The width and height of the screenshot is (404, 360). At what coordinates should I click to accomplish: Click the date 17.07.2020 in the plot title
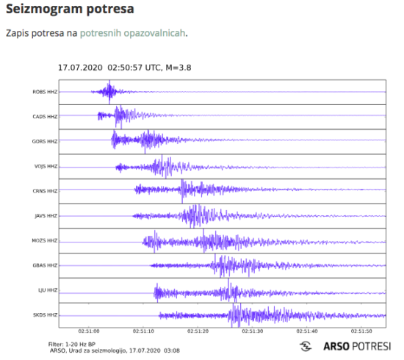[80, 68]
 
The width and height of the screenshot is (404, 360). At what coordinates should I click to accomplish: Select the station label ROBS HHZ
[44, 92]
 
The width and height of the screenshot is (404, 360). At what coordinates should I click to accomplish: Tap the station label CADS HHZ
[44, 117]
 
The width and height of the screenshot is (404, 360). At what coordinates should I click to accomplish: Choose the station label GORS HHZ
[44, 141]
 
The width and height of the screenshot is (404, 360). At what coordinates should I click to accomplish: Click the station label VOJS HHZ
[44, 166]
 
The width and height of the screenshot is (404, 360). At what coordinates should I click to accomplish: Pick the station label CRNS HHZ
[44, 191]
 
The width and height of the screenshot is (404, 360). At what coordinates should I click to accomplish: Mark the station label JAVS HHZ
[44, 216]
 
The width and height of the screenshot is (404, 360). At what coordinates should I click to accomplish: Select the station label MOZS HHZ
[44, 241]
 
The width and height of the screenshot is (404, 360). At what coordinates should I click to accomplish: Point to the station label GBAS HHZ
[44, 265]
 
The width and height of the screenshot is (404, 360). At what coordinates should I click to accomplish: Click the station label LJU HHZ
[46, 290]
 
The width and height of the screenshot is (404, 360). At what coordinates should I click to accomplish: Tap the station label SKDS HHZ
[44, 315]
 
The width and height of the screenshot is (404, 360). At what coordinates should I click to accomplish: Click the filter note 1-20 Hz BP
[71, 343]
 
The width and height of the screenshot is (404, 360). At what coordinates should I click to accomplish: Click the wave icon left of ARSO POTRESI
[305, 346]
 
